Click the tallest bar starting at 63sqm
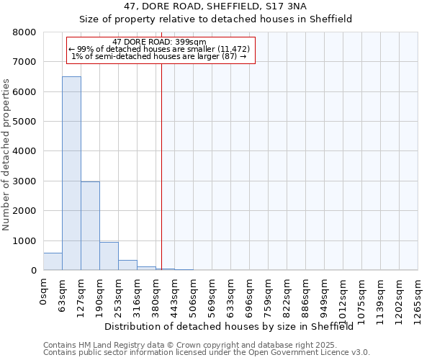[71, 173]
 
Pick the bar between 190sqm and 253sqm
[109, 256]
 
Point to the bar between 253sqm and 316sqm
[127, 265]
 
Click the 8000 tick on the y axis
[24, 33]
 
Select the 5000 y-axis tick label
[24, 122]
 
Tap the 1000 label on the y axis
[24, 241]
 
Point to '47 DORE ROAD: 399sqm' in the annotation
[160, 42]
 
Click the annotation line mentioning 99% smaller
[159, 49]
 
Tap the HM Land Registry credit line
[206, 346]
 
